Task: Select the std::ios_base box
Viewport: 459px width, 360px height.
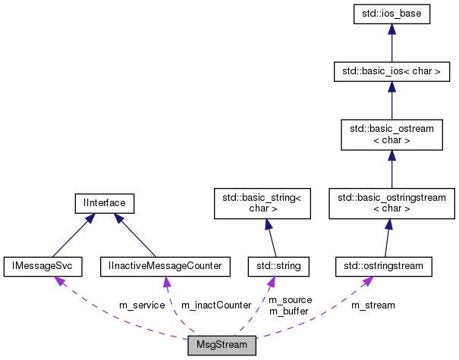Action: coord(391,14)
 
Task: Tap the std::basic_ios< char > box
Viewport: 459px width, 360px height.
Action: coord(391,72)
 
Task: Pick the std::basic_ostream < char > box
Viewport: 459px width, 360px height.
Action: coord(391,135)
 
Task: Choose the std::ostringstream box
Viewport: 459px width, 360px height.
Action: coord(384,266)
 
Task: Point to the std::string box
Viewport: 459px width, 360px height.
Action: coord(276,266)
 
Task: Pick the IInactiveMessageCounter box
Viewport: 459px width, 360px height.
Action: coord(165,266)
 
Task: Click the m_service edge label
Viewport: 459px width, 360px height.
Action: coord(141,305)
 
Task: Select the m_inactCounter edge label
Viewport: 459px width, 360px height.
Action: coord(216,305)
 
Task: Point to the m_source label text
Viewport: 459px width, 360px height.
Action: coord(291,300)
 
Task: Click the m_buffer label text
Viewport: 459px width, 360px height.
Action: coord(290,311)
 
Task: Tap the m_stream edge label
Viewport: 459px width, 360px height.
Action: coord(373,305)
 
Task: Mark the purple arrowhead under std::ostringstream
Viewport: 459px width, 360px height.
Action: coord(367,280)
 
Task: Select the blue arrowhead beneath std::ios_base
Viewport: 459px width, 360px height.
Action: coord(391,30)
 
